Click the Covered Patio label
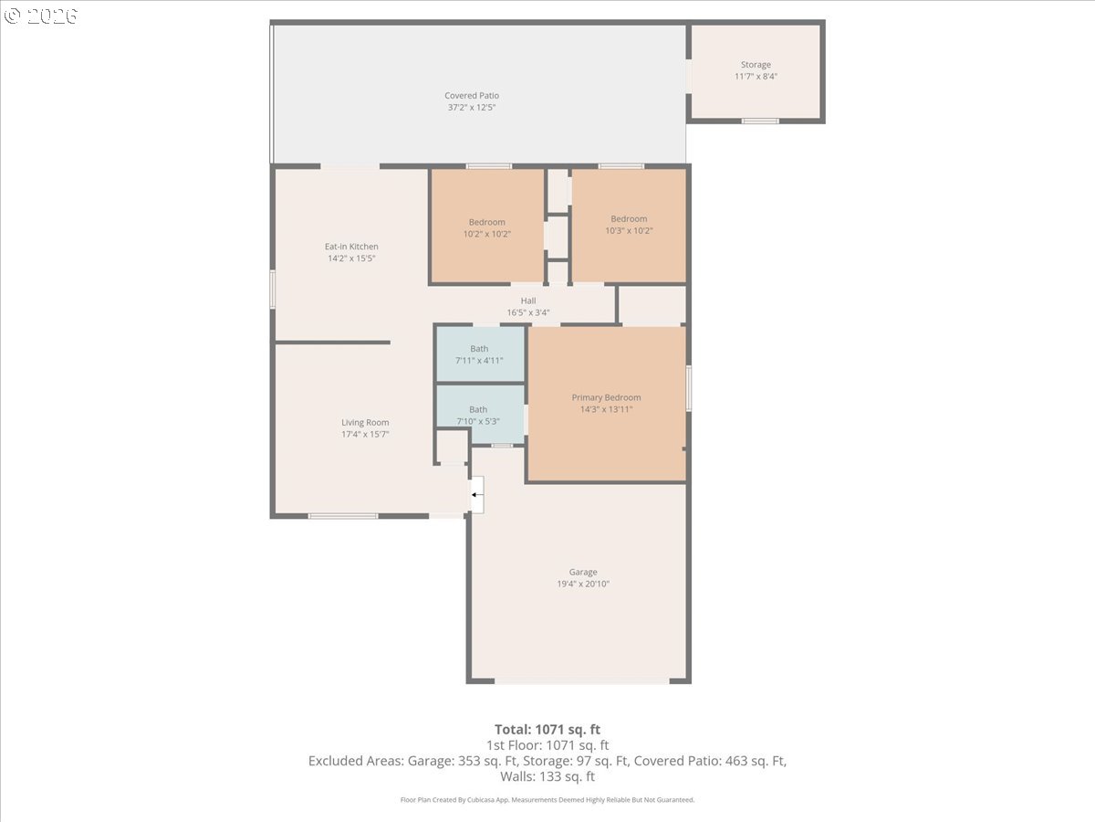pyautogui.click(x=472, y=95)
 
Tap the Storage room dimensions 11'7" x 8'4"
pyautogui.click(x=756, y=77)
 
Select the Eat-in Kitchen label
pyautogui.click(x=351, y=247)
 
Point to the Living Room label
pyautogui.click(x=365, y=422)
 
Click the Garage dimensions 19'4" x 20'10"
pyautogui.click(x=583, y=584)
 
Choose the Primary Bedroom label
pyautogui.click(x=606, y=397)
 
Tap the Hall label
pyautogui.click(x=528, y=300)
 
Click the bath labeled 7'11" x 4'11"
pyautogui.click(x=480, y=354)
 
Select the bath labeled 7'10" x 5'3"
pyautogui.click(x=480, y=414)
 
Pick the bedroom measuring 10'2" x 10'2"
pyautogui.click(x=487, y=227)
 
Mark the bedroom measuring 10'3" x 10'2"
pyautogui.click(x=629, y=227)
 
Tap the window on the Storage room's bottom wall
pyautogui.click(x=760, y=121)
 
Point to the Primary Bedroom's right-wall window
pyautogui.click(x=689, y=389)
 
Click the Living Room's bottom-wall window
pyautogui.click(x=343, y=516)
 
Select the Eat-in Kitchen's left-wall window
pyautogui.click(x=272, y=289)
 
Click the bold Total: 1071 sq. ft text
pyautogui.click(x=547, y=730)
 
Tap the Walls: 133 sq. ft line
pyautogui.click(x=547, y=776)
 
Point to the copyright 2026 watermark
pyautogui.click(x=41, y=16)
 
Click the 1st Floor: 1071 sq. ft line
pyautogui.click(x=547, y=745)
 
